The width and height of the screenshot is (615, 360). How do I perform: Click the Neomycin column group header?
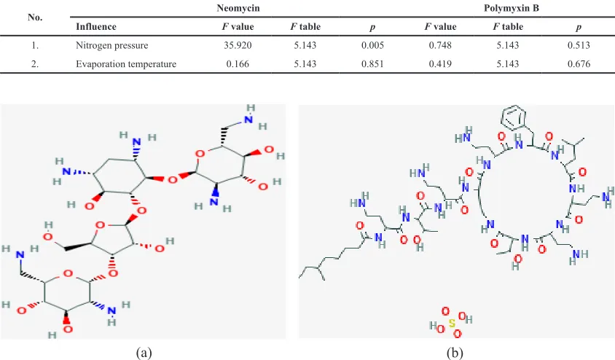pos(238,8)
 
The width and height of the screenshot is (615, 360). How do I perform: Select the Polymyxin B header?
pos(512,8)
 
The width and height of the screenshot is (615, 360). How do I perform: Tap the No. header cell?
pos(35,17)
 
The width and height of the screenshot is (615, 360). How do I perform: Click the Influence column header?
pos(96,27)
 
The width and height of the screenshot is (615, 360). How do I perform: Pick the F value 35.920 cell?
pos(238,45)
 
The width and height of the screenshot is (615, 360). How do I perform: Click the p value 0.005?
pos(372,45)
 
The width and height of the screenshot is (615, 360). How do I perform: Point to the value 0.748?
pos(440,45)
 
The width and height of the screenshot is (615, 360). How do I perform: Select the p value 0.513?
pos(579,45)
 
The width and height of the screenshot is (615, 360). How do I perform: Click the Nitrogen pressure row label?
pos(111,45)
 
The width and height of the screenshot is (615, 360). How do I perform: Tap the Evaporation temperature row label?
pos(126,64)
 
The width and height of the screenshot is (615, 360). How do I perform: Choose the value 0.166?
pos(238,64)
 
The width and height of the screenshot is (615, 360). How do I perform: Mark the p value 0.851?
pos(372,64)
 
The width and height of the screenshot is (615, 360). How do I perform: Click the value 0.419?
pos(440,64)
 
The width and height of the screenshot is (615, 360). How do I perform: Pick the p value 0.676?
pos(579,64)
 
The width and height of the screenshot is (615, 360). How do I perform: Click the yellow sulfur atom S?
pos(453,323)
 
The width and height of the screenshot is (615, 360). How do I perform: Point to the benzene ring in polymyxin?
pos(514,117)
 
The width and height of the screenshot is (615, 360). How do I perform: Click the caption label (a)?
pos(144,353)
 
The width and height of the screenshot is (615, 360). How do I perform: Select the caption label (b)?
pos(455,353)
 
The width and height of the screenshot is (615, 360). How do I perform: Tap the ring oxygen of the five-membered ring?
pos(100,225)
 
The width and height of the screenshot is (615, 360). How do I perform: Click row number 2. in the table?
pos(35,64)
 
